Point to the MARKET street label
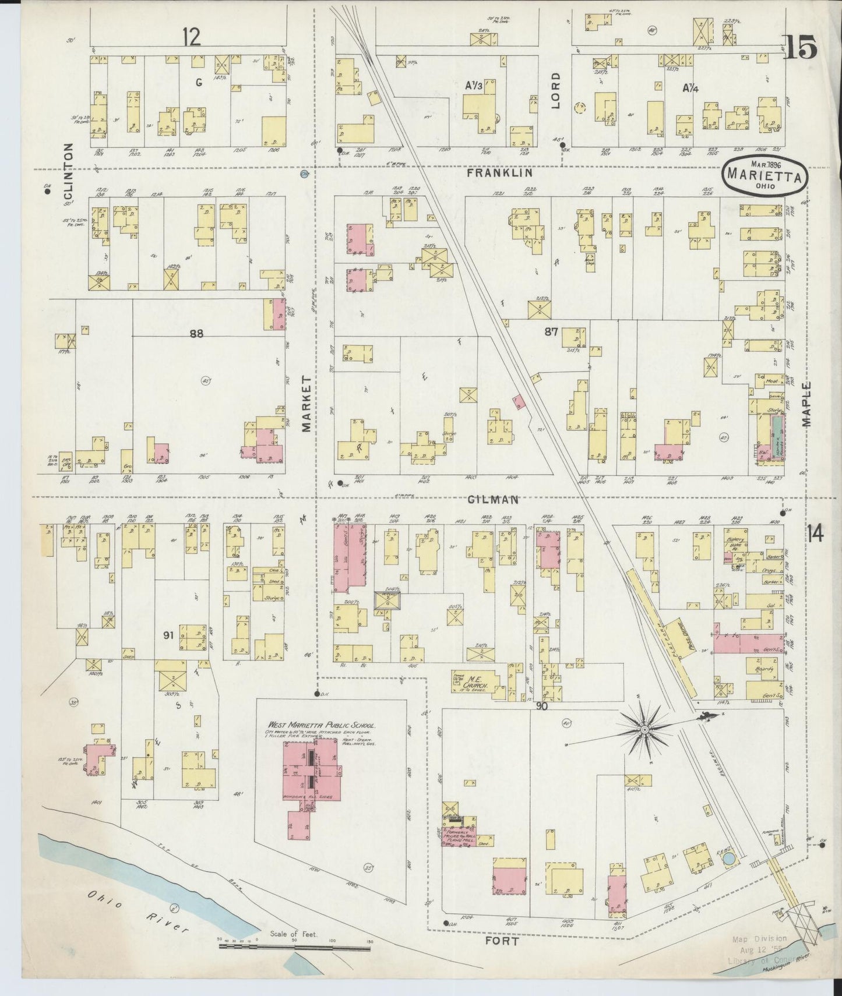click(x=307, y=404)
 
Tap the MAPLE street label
click(x=809, y=405)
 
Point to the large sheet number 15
click(x=799, y=47)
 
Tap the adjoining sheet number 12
click(x=191, y=37)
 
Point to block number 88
click(x=197, y=334)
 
